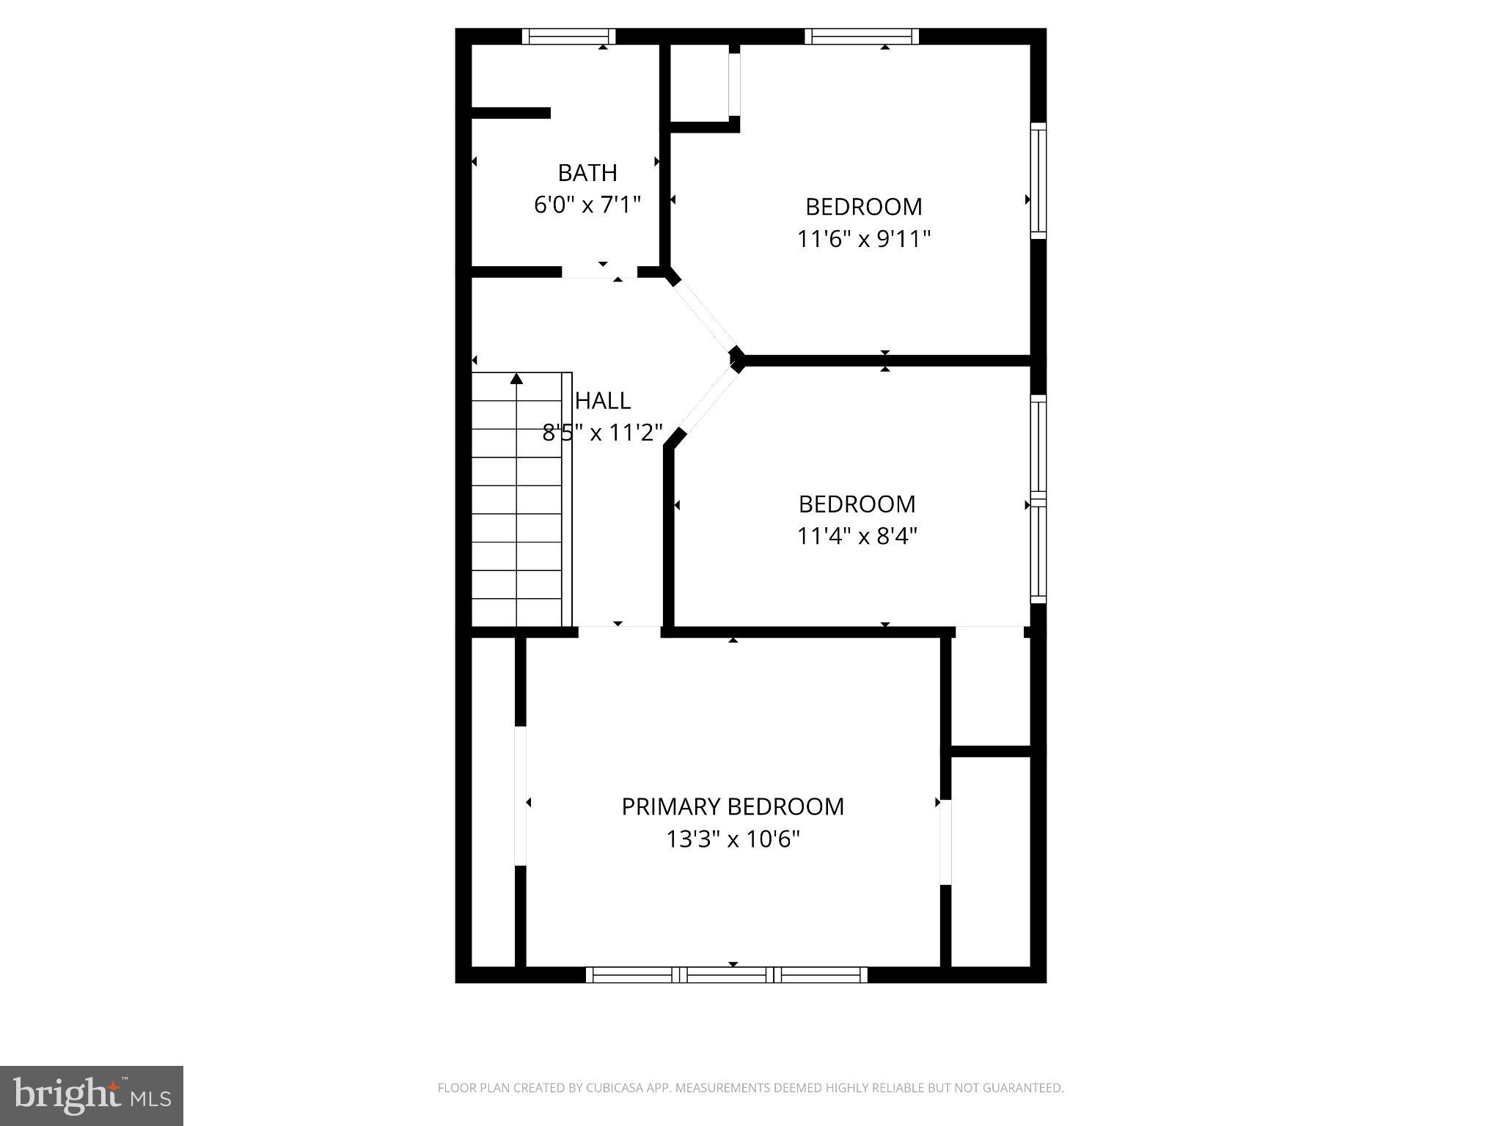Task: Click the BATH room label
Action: click(x=587, y=173)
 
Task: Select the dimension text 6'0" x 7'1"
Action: click(x=587, y=205)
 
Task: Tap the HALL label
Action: click(x=602, y=401)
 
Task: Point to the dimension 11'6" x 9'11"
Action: click(x=863, y=239)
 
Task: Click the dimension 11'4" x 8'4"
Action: click(x=857, y=537)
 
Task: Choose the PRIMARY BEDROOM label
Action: click(x=732, y=806)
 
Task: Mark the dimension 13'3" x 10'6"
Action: click(x=732, y=839)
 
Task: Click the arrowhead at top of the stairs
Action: click(x=516, y=379)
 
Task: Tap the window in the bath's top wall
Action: click(x=568, y=36)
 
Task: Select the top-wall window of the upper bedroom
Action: click(x=861, y=36)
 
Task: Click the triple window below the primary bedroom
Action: click(x=726, y=974)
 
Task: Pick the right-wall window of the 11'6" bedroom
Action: click(x=1038, y=180)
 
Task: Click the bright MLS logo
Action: click(x=91, y=1095)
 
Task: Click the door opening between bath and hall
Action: click(x=599, y=272)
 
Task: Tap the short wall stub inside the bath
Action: click(x=511, y=113)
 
